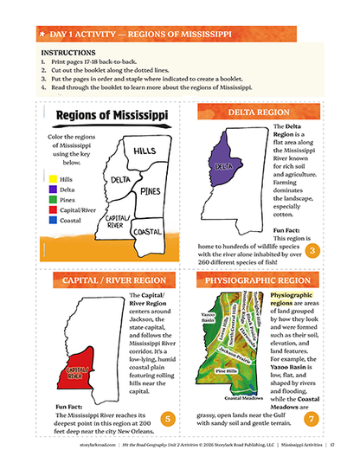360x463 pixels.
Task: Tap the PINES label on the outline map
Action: (151, 190)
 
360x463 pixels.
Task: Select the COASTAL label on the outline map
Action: (146, 232)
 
